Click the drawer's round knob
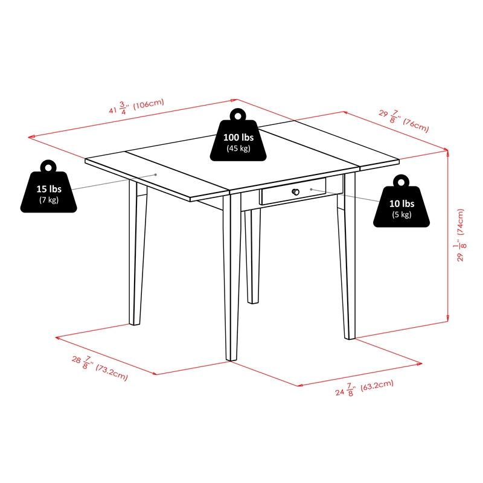click(296, 192)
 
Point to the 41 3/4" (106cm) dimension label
click(136, 107)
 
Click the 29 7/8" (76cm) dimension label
click(404, 121)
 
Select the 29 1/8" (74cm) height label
click(460, 235)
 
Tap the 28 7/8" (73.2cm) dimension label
click(100, 368)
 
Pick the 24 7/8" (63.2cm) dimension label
click(365, 388)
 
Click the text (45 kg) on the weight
click(238, 149)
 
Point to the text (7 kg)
click(49, 200)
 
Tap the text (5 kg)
click(401, 214)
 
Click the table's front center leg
click(232, 277)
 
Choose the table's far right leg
click(347, 256)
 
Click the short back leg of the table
click(252, 256)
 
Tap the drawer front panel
click(293, 191)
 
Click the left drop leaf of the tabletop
click(157, 176)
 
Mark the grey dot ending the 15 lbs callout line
click(156, 174)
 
